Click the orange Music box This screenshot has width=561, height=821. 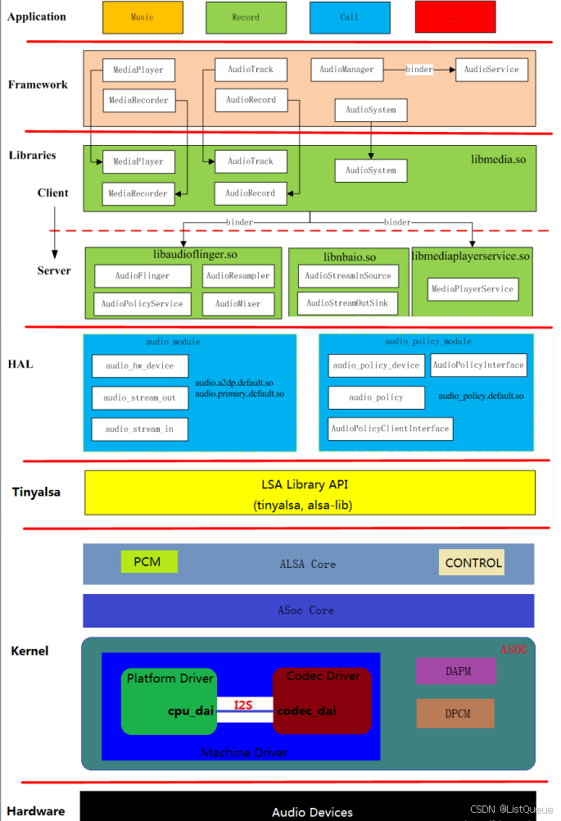(143, 17)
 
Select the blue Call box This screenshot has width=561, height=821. (350, 17)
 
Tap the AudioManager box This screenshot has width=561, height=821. (348, 70)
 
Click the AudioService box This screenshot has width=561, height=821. (491, 70)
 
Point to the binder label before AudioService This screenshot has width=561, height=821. (419, 70)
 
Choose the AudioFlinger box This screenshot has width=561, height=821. (143, 276)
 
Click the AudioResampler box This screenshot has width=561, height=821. (238, 276)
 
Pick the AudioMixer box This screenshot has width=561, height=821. (238, 304)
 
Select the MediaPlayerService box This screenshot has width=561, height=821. (473, 288)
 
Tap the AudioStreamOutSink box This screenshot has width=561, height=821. (348, 303)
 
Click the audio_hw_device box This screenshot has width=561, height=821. (139, 365)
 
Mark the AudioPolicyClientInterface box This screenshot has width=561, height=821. (390, 429)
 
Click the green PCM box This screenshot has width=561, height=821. (149, 561)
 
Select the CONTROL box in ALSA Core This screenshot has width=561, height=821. (473, 563)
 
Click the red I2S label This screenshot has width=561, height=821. (243, 705)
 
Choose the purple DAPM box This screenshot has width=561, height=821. (455, 671)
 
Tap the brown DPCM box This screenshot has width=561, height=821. (455, 713)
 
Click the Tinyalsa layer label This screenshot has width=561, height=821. (36, 492)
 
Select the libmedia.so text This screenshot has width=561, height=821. (499, 159)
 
